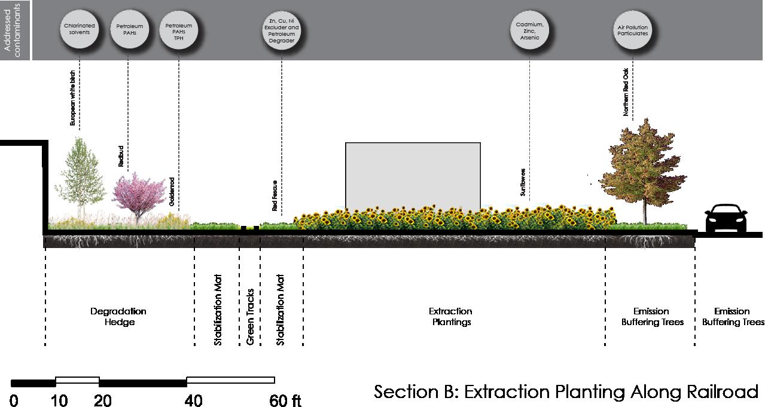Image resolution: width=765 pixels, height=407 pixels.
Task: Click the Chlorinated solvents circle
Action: pyautogui.click(x=80, y=29)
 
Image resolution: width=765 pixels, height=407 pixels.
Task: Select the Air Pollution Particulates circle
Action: pyautogui.click(x=632, y=30)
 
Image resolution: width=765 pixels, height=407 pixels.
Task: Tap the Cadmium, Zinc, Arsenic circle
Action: pyautogui.click(x=529, y=31)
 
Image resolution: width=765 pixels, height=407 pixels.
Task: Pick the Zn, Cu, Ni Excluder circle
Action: pyautogui.click(x=281, y=31)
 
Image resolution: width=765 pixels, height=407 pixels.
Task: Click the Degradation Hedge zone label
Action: pyautogui.click(x=118, y=317)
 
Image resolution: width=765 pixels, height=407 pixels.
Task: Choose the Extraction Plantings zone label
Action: pyautogui.click(x=450, y=317)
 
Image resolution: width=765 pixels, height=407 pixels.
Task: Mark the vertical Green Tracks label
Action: pyautogui.click(x=250, y=317)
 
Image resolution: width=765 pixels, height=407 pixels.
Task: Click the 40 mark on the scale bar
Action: pyautogui.click(x=193, y=400)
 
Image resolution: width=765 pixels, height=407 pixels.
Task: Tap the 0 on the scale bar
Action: pyautogui.click(x=14, y=400)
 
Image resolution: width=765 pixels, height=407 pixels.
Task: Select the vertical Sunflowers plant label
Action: pyautogui.click(x=523, y=182)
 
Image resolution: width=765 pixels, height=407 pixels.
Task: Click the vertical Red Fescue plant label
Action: pyautogui.click(x=275, y=196)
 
